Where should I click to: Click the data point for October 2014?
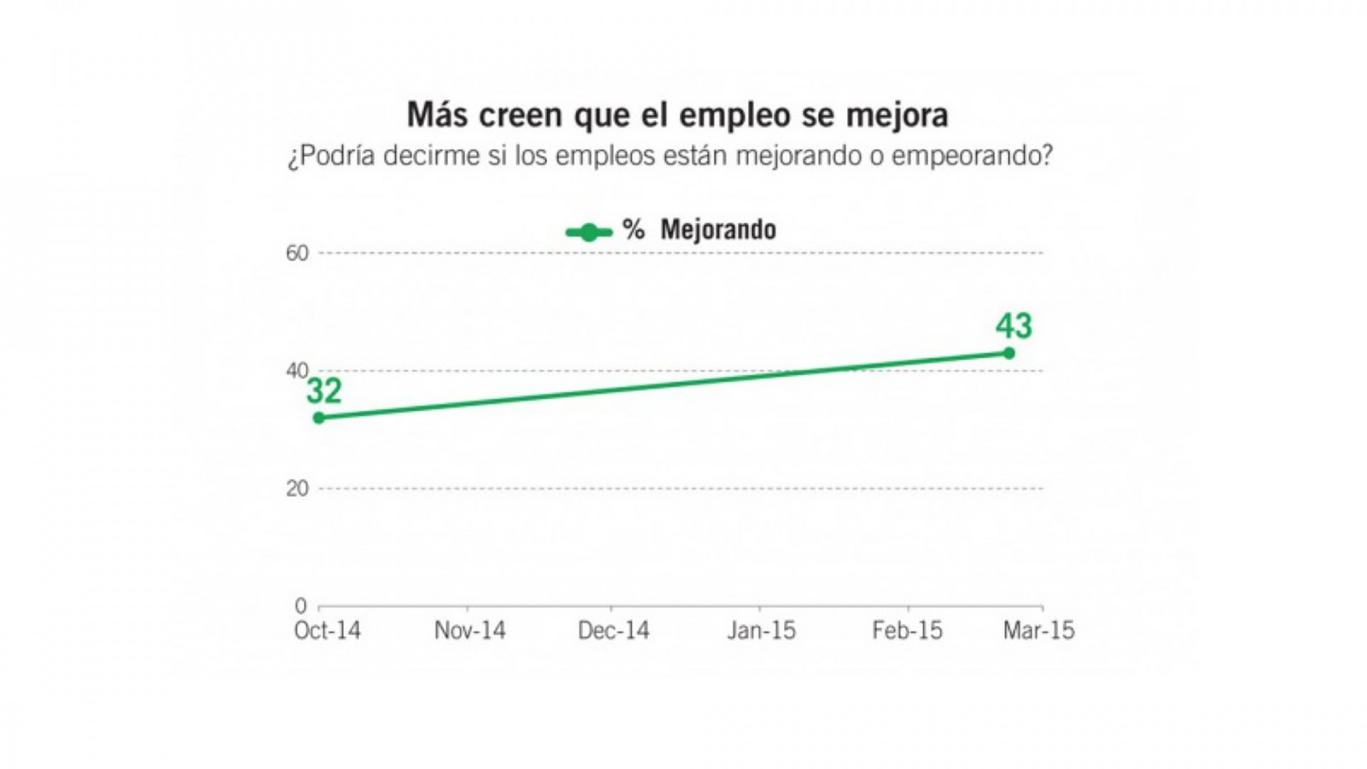click(x=319, y=417)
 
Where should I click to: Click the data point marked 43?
click(x=1009, y=353)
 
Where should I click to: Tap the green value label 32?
click(x=325, y=392)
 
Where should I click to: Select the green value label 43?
click(x=1013, y=326)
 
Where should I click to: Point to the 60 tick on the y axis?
click(x=298, y=253)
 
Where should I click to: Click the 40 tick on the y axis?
click(x=298, y=371)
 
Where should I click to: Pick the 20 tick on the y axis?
click(x=298, y=489)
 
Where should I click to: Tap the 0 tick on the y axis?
click(x=301, y=606)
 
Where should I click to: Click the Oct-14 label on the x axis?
click(x=328, y=631)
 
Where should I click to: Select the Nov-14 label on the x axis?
click(x=470, y=631)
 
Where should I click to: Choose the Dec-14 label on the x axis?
click(x=614, y=631)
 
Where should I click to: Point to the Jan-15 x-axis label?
click(x=761, y=631)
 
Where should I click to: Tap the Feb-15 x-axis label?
click(x=907, y=631)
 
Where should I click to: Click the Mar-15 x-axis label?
click(x=1039, y=631)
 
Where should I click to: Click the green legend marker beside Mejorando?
click(x=589, y=232)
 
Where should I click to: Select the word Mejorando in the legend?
click(x=718, y=230)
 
